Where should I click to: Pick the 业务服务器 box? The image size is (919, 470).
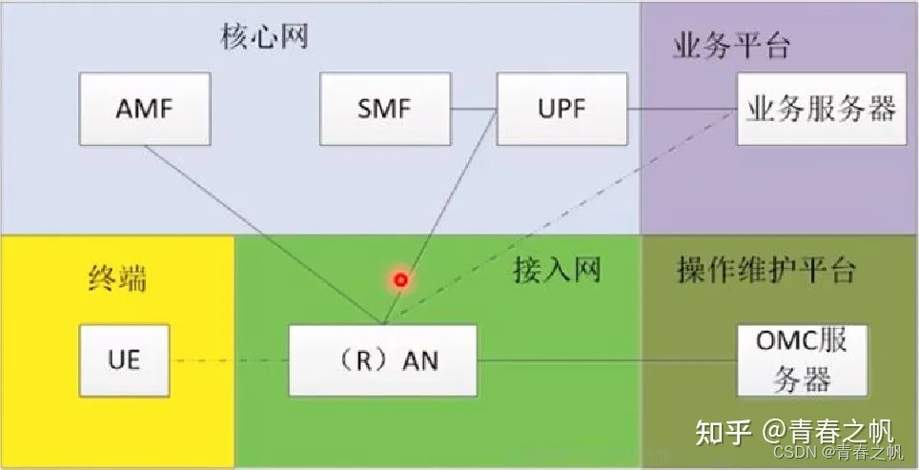[x=821, y=109]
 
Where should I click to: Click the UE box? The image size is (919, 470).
[x=124, y=360]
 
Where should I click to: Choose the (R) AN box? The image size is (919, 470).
[x=382, y=360]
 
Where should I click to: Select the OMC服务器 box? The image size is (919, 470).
[x=803, y=359]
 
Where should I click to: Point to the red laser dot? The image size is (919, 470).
[x=401, y=280]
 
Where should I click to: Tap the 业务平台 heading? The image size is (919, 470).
[x=731, y=47]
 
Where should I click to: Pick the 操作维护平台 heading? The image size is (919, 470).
[x=766, y=271]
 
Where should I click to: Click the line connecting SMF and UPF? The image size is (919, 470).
[x=474, y=109]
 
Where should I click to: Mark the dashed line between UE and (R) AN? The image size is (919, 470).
[x=229, y=360]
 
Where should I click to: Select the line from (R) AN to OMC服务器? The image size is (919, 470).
[x=606, y=360]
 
